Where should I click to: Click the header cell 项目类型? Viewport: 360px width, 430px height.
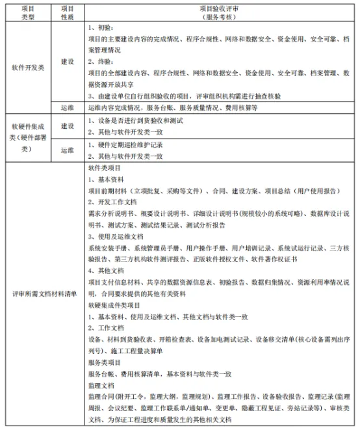28,13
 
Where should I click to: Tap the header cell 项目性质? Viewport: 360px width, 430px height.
67,13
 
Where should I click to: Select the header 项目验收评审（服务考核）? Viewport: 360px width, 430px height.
221,13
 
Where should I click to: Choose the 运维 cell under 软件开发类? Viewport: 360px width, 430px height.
67,107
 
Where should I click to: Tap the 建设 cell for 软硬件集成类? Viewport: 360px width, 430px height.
67,126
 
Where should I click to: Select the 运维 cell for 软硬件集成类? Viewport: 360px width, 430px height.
67,150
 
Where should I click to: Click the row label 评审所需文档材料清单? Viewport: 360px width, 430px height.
44,293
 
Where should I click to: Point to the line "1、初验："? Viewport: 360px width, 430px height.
99,29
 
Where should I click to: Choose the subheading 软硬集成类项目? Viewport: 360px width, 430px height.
114,305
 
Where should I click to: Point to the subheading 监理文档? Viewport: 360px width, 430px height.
101,385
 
